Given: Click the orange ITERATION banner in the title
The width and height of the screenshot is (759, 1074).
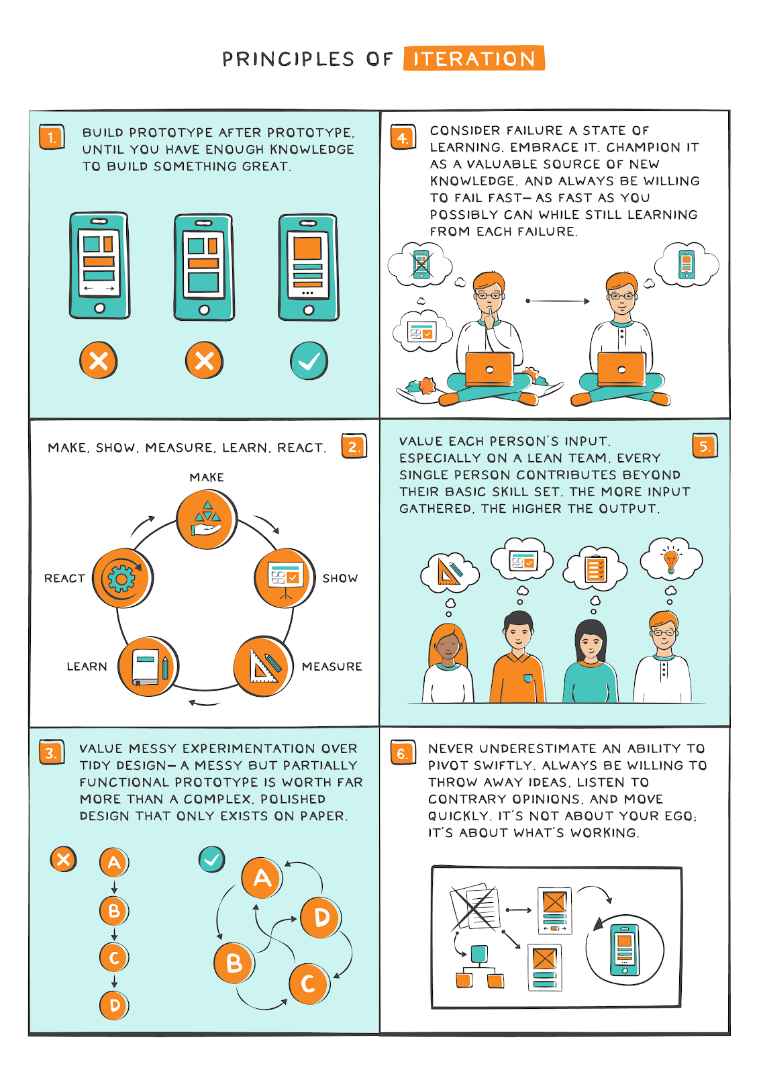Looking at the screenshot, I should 474,58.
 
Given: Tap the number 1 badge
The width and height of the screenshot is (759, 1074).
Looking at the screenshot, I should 52,138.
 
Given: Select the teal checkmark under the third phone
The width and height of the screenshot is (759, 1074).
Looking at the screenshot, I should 309,361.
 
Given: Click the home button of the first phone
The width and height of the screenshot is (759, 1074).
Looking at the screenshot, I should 99,308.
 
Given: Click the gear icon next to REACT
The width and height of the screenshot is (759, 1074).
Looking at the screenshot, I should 122,578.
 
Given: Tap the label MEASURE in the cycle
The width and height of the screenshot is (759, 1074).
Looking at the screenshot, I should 332,667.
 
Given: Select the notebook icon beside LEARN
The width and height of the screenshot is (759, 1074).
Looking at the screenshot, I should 148,667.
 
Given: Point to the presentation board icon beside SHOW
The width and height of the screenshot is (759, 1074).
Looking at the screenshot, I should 285,578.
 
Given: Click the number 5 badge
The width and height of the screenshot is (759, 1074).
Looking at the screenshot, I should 704,446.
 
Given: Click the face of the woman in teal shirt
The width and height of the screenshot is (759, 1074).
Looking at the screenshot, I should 590,644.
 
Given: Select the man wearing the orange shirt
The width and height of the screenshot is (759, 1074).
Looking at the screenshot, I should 517,661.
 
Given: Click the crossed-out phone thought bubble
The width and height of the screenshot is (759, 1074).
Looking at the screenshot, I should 421,264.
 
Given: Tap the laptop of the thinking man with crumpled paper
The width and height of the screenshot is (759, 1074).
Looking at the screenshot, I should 489,369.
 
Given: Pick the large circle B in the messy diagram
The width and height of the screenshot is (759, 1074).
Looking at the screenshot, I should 234,963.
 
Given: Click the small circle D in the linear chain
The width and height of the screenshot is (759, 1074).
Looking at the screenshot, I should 115,1005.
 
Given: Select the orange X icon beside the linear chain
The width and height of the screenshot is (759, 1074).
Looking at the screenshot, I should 64,859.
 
